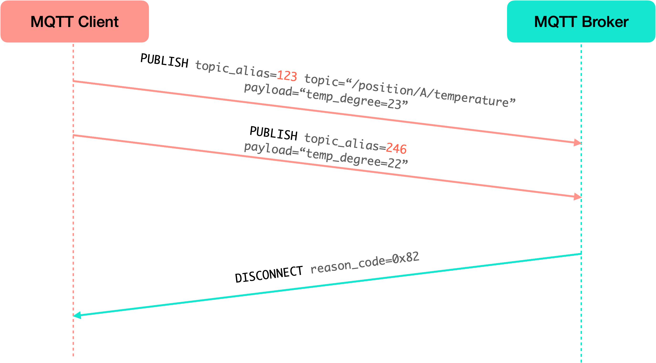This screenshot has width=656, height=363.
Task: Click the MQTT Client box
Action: coord(75,21)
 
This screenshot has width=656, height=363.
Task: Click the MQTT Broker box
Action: coord(581,21)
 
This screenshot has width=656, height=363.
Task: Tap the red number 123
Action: coord(287,76)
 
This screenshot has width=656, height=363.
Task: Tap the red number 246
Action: coord(396,149)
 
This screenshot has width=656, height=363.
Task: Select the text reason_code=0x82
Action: coord(365,262)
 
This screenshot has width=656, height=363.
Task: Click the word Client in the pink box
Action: coord(98,22)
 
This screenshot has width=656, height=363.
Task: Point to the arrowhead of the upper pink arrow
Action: coord(577,143)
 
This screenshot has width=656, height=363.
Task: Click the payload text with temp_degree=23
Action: coord(326,96)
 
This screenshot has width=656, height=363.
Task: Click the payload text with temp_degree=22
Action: coord(326,155)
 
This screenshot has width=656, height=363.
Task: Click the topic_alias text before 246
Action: coord(345,142)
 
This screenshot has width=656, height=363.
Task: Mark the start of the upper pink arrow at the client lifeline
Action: coord(74,81)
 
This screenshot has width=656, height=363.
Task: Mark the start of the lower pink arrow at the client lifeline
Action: coord(74,135)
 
